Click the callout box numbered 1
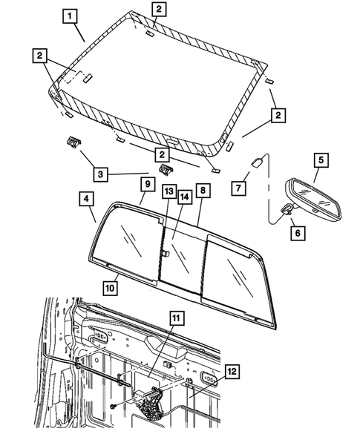(x=70, y=16)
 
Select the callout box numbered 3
(x=100, y=174)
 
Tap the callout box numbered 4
(x=86, y=199)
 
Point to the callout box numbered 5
(x=321, y=160)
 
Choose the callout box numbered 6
(x=298, y=233)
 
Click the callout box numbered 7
(x=238, y=188)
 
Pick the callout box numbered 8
(x=203, y=191)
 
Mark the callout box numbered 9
(x=148, y=184)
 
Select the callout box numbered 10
(x=110, y=288)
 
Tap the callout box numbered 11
(x=177, y=318)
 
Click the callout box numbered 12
(x=232, y=371)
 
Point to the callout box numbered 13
(x=169, y=191)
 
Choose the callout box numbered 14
(x=184, y=197)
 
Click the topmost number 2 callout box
(x=159, y=9)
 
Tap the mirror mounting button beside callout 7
(x=257, y=162)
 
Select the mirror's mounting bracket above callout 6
(x=287, y=209)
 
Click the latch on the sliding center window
(x=165, y=253)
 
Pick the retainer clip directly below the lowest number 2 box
(x=167, y=170)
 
